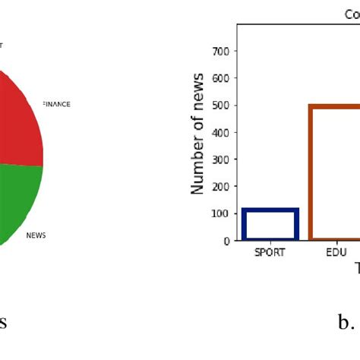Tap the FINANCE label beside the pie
(57, 104)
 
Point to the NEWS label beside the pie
(36, 235)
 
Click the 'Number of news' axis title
(197, 134)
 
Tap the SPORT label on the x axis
(270, 253)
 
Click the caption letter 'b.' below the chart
(346, 323)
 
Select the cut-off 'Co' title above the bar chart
(352, 14)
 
